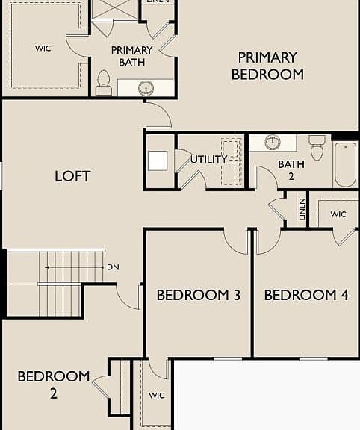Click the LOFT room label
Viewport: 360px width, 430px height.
pos(72,176)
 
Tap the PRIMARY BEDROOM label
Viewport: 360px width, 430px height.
pos(267,66)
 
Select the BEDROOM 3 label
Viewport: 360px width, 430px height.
pos(199,295)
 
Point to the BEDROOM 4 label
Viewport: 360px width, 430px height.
pos(306,295)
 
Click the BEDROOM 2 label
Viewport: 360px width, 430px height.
pos(54,384)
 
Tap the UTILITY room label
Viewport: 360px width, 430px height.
pos(209,159)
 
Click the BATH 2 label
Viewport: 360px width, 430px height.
pos(291,170)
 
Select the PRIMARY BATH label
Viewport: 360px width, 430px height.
pos(131,56)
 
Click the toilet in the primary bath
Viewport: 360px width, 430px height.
pos(104,83)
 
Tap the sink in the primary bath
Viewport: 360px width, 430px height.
pos(146,88)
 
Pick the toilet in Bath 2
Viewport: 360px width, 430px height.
pos(317,148)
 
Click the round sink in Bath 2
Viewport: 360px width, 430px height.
pos(273,143)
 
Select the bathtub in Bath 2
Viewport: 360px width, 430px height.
pos(346,164)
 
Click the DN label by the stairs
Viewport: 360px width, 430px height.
pos(113,267)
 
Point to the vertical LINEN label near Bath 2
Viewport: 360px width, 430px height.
pos(302,210)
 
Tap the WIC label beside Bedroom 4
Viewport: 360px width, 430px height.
pos(338,214)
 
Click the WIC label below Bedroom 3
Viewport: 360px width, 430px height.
pos(157,396)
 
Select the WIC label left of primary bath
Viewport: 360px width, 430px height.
pos(43,49)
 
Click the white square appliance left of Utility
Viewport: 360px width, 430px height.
pos(158,161)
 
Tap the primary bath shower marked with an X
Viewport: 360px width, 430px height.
pos(114,9)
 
